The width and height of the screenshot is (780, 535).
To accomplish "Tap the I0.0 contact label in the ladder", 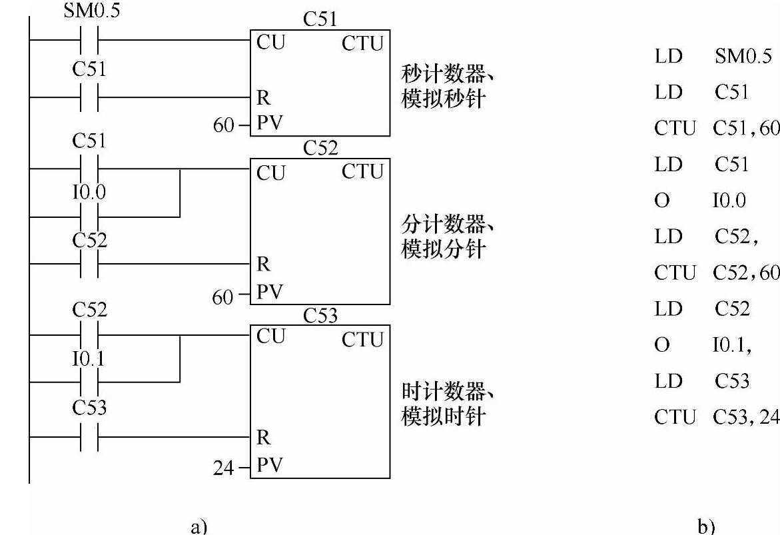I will [x=89, y=194].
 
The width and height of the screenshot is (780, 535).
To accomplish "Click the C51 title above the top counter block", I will [x=320, y=20].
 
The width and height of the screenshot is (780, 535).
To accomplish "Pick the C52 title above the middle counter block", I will [x=320, y=149].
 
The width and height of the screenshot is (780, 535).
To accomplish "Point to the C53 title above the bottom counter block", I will [x=320, y=315].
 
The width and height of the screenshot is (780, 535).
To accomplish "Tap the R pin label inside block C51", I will [x=263, y=97].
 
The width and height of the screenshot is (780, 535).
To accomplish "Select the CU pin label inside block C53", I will [x=270, y=336].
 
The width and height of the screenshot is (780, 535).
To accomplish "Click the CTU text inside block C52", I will [x=363, y=173].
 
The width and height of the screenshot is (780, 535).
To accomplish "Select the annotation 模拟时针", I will [x=442, y=417].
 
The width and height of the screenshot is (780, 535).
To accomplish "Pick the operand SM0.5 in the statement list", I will [x=743, y=56].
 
